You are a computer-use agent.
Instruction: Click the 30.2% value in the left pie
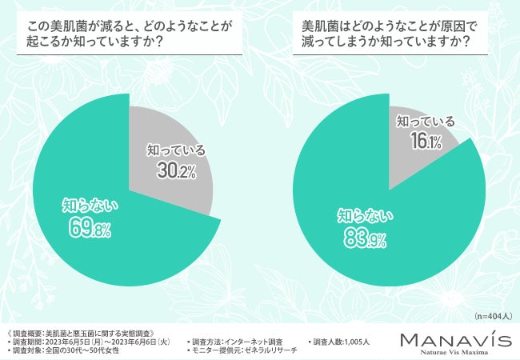175,171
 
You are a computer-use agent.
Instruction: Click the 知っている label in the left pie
174,150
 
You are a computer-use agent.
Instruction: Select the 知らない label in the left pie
90,206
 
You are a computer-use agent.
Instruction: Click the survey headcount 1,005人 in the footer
342,341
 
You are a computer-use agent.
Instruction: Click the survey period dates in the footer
92,341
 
